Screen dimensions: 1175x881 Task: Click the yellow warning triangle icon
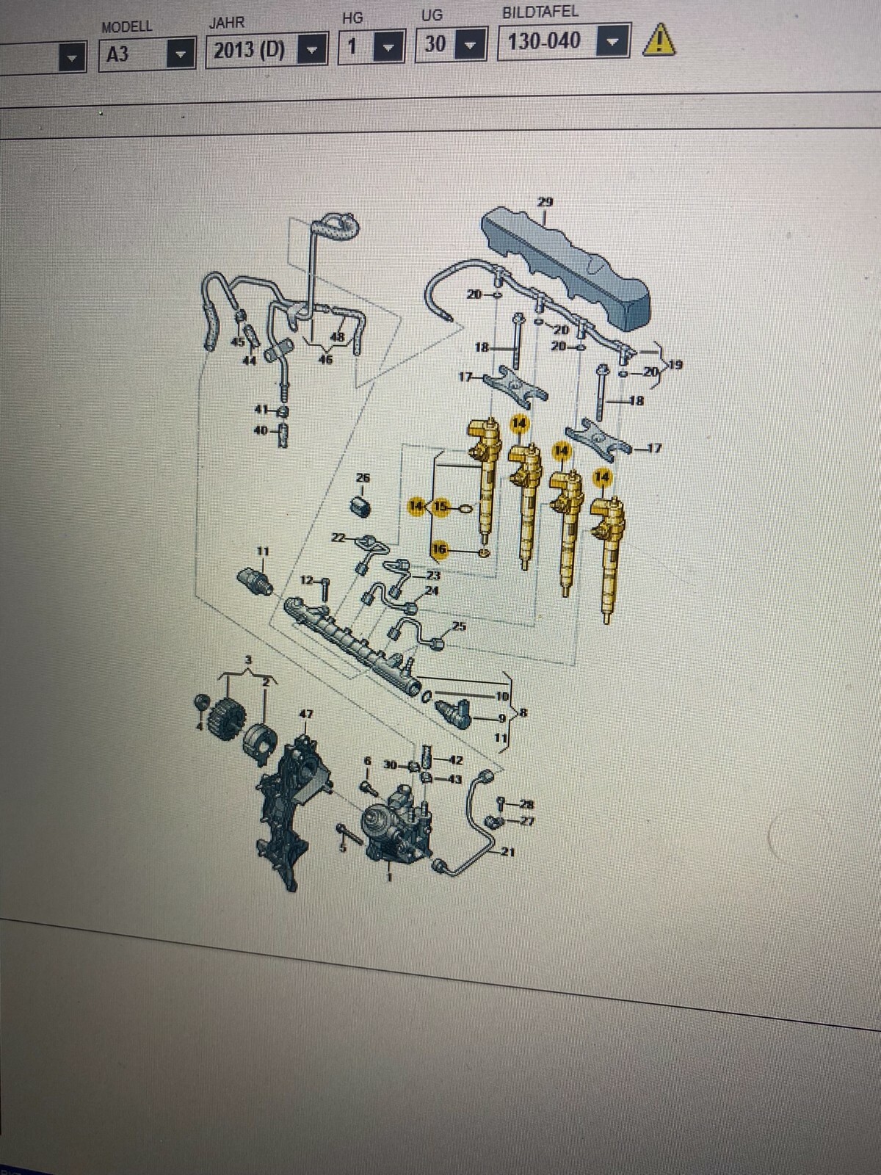click(659, 40)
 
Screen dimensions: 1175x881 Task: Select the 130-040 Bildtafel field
click(545, 41)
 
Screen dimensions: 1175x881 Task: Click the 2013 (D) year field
click(250, 51)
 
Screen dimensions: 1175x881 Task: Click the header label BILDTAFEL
click(540, 12)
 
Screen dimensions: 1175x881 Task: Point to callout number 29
click(545, 201)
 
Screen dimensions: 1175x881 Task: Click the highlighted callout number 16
click(439, 549)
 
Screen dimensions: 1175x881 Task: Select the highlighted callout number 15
click(440, 507)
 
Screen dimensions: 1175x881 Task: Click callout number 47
click(305, 713)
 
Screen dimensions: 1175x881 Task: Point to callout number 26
click(363, 478)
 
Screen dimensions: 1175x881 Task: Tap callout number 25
click(459, 626)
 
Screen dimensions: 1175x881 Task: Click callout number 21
click(507, 852)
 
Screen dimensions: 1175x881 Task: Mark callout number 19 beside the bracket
click(675, 364)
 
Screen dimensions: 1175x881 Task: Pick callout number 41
click(261, 410)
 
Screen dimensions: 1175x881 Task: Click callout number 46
click(325, 359)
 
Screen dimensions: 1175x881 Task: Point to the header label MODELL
click(126, 27)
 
